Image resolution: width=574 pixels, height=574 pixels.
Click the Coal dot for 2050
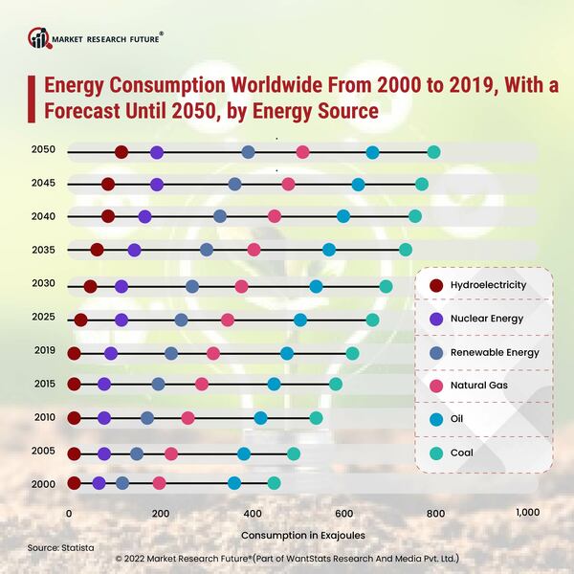pyautogui.click(x=433, y=152)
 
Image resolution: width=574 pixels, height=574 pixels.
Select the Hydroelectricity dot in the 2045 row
pyautogui.click(x=107, y=184)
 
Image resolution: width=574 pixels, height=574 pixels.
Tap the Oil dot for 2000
pyautogui.click(x=234, y=483)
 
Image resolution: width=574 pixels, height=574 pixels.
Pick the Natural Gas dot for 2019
pyautogui.click(x=212, y=354)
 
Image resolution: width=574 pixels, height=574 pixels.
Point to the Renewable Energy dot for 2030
pyautogui.click(x=192, y=286)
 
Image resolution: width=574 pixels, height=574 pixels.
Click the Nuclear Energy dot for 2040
pyautogui.click(x=144, y=217)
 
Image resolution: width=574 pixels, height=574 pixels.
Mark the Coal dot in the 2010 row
pyautogui.click(x=316, y=418)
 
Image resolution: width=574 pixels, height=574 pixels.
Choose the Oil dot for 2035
pyautogui.click(x=329, y=250)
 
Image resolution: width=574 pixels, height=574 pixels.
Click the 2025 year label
pyautogui.click(x=43, y=317)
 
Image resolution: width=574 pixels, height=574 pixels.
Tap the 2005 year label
pyautogui.click(x=43, y=451)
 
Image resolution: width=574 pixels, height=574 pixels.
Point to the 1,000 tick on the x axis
pyautogui.click(x=528, y=514)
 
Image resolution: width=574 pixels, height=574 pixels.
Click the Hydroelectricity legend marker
pyautogui.click(x=437, y=284)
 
